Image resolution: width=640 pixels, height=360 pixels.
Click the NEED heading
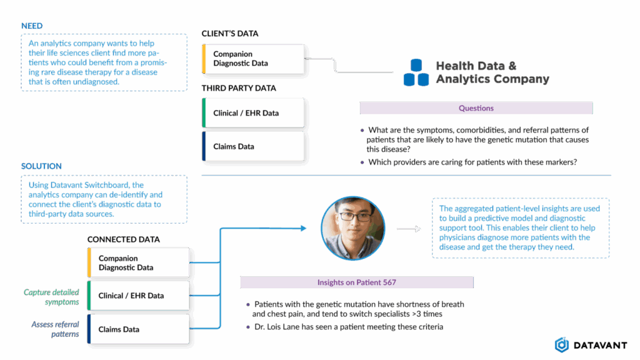click(x=31, y=26)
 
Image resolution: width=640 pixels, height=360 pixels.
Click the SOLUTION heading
click(x=41, y=167)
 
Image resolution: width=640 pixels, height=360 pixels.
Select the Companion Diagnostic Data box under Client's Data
click(x=253, y=59)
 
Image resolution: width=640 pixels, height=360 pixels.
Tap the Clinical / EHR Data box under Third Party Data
click(x=253, y=113)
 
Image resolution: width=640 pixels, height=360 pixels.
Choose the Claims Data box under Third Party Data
click(x=253, y=147)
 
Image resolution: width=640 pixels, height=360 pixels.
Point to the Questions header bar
click(x=476, y=108)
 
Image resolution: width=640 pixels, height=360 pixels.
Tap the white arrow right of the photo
click(x=409, y=229)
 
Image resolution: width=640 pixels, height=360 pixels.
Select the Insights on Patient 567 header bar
click(x=356, y=282)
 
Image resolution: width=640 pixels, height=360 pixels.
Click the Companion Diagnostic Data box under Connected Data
click(x=138, y=262)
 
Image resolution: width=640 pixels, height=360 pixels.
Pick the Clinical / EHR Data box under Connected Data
click(x=138, y=296)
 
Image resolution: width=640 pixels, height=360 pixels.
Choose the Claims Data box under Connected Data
click(x=138, y=329)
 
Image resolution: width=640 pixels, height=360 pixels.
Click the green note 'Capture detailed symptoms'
click(x=52, y=297)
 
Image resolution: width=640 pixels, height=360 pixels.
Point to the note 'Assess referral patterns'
click(x=56, y=329)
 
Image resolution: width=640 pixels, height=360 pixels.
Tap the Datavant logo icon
click(x=561, y=344)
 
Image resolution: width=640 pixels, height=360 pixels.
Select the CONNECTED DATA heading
click(x=123, y=239)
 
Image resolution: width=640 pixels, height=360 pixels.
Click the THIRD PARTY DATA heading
click(x=239, y=88)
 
